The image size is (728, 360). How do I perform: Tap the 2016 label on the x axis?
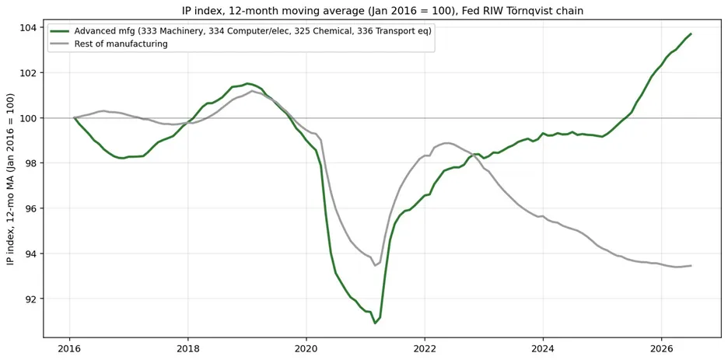(70, 348)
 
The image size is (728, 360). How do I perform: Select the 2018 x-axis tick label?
(188, 348)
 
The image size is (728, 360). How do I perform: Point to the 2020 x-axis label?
(306, 348)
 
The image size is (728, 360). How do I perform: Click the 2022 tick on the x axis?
(425, 348)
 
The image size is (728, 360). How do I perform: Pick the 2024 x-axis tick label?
(543, 348)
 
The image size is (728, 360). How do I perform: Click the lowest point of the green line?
(375, 323)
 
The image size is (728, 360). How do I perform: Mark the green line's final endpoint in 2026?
(691, 33)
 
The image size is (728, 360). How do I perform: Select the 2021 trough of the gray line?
(375, 265)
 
